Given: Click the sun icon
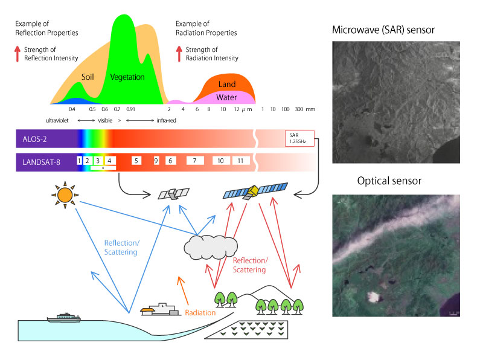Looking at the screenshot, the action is (x=65, y=195).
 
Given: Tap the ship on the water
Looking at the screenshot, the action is (x=64, y=318).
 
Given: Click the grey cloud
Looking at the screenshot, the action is (x=211, y=247).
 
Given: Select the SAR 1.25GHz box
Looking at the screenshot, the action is (x=299, y=138).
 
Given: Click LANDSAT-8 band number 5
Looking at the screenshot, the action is (x=136, y=161).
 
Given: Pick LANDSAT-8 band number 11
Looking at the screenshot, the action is (x=240, y=161).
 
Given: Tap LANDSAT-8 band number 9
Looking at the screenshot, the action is (x=156, y=161).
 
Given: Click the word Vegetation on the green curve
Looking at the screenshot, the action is (x=127, y=77).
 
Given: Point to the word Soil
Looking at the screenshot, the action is (x=88, y=77).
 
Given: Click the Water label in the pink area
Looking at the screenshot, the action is (x=226, y=97).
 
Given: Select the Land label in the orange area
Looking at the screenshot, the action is (x=227, y=84).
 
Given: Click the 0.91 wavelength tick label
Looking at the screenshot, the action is (x=130, y=109).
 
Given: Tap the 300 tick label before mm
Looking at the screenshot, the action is (x=299, y=109).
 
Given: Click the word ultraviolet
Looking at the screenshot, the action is (x=57, y=121).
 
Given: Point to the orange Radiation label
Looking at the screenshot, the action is (x=200, y=313).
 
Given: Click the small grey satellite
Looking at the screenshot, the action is (x=173, y=194).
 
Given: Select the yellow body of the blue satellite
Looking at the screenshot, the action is (x=254, y=191).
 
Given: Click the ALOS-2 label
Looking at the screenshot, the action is (x=34, y=140).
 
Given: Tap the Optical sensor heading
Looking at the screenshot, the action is (x=389, y=181).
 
